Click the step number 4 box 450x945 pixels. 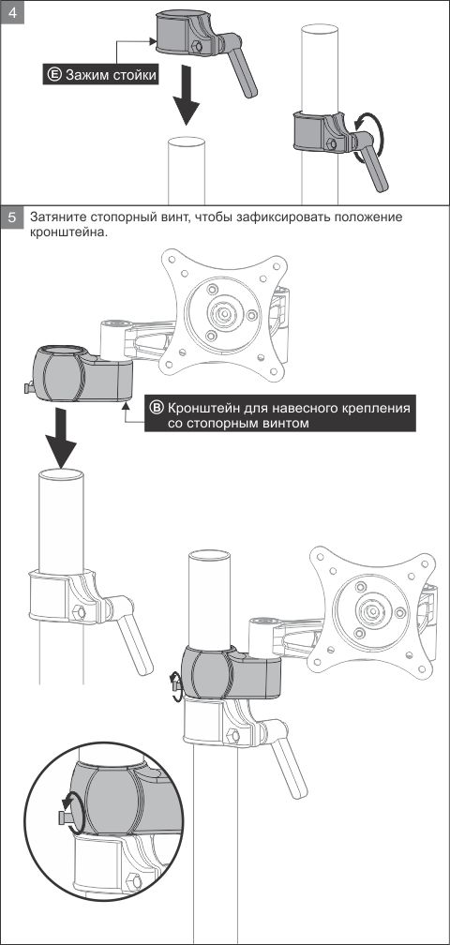coord(13,11)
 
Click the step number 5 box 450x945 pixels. coord(13,217)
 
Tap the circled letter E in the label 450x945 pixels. coord(54,75)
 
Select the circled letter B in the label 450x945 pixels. coord(156,408)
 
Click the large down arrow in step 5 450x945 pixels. coord(60,436)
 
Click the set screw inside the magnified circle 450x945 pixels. coord(63,817)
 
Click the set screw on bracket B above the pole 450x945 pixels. coord(29,388)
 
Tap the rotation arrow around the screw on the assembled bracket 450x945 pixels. coord(175,686)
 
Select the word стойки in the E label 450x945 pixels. coord(137,75)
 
